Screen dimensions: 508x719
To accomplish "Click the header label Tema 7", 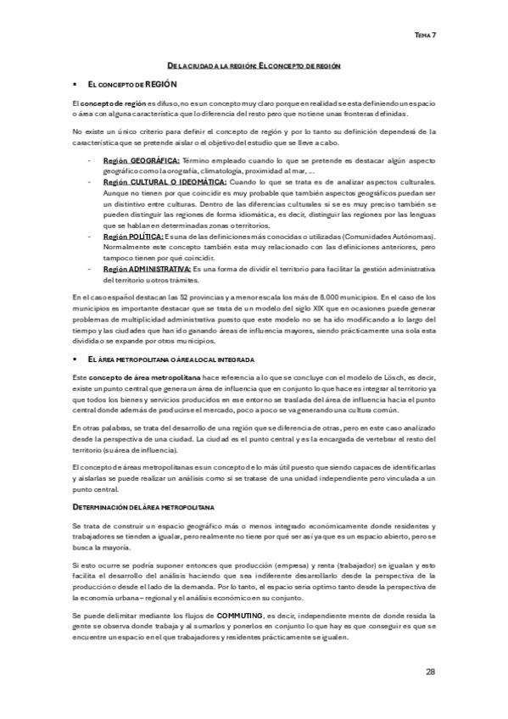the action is (424, 36).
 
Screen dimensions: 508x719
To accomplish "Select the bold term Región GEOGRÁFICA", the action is (140, 159).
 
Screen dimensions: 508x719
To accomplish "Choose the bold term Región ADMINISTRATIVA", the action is (147, 270).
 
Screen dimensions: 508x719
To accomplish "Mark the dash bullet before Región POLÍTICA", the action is (89, 237).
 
